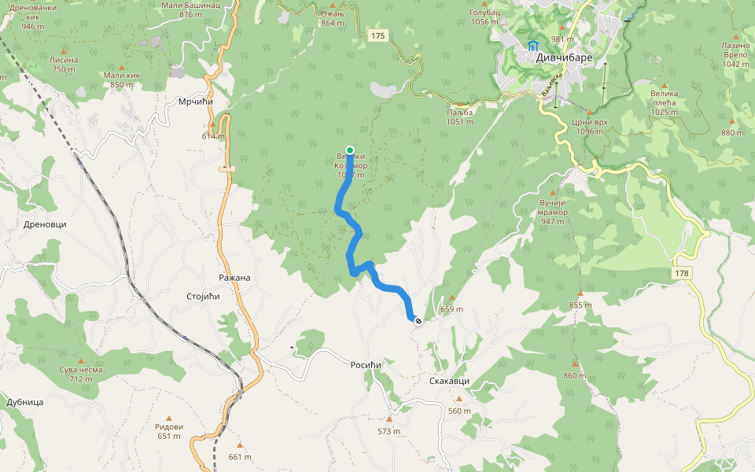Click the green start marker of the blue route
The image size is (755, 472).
[350, 149]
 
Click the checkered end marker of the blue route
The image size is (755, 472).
[418, 320]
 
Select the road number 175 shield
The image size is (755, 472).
[378, 35]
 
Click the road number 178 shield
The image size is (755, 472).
[682, 273]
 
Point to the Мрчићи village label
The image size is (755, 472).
[196, 101]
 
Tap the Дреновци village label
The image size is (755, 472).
[45, 223]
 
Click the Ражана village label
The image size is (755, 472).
[234, 278]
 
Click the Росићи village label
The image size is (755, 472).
[366, 365]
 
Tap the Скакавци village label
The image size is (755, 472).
[449, 381]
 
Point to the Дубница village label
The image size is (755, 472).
[24, 401]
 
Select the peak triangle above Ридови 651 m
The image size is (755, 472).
[169, 418]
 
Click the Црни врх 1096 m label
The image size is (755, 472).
[590, 127]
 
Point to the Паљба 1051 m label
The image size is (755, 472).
[459, 116]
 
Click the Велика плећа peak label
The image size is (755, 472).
[664, 102]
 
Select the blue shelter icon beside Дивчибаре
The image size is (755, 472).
[532, 46]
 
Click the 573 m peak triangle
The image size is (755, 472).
[389, 419]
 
